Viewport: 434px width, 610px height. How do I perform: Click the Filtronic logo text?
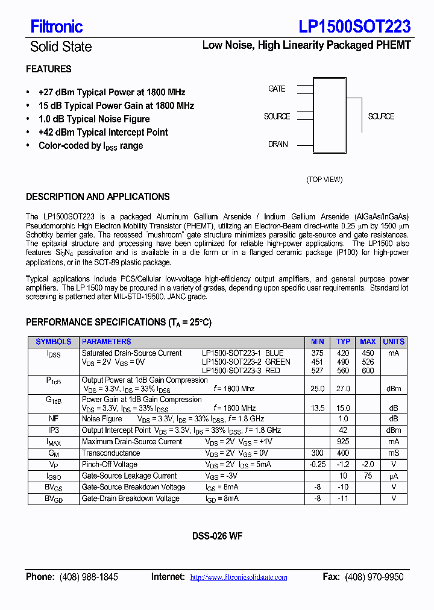tap(57, 27)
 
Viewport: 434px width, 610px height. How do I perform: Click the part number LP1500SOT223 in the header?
tap(354, 27)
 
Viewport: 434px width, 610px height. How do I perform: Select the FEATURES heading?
tap(49, 69)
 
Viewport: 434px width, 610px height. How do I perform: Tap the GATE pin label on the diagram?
tap(277, 89)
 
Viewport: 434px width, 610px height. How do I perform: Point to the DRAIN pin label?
tap(278, 145)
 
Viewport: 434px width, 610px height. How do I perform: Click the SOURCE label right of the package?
tap(381, 116)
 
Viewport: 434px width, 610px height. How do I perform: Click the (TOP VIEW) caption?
tap(324, 180)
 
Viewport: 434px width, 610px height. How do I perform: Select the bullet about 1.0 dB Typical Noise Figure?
tap(94, 119)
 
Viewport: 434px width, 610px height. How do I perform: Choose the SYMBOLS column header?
tap(54, 342)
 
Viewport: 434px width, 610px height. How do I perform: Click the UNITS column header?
tap(394, 342)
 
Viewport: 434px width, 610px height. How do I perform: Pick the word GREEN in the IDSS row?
tap(278, 362)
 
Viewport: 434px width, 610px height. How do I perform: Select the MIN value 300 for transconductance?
tap(317, 453)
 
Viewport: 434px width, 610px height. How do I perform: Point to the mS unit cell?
tap(394, 453)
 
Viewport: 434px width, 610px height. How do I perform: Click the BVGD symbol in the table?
tap(54, 499)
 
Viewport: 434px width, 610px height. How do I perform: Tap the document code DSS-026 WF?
tap(218, 536)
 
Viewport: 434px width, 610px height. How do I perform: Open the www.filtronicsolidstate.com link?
tap(239, 577)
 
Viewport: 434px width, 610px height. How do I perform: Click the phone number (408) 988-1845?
tap(89, 577)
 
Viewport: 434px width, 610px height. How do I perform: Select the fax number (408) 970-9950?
tap(374, 577)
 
